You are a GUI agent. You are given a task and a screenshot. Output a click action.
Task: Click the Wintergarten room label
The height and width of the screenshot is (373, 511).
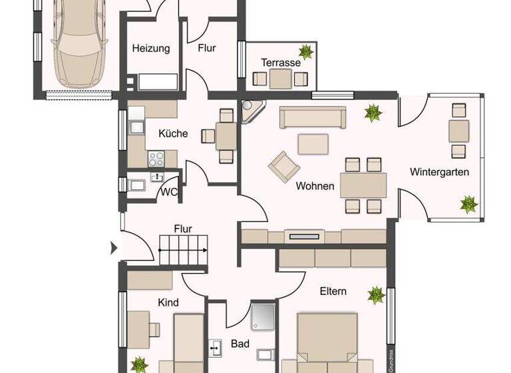(x=439, y=172)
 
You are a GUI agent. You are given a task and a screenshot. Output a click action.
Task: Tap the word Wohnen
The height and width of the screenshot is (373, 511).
(x=315, y=186)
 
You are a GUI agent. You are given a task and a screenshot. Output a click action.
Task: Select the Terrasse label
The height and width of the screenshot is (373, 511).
(x=280, y=63)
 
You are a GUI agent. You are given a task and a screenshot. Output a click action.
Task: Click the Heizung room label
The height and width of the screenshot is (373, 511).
(x=151, y=48)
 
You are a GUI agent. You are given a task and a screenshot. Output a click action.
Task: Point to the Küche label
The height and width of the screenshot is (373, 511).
(x=173, y=133)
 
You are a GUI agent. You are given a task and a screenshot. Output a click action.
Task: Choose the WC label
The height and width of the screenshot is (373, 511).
(x=168, y=192)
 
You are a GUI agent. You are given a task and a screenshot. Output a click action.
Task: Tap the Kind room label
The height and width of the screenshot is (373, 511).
(x=168, y=302)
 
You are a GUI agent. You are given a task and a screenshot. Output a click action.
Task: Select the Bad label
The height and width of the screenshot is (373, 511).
(x=240, y=344)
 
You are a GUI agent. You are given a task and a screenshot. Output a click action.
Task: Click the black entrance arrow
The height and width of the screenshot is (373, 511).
(x=113, y=248)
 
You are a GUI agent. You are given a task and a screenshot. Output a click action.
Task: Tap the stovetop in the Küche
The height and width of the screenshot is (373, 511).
(x=156, y=159)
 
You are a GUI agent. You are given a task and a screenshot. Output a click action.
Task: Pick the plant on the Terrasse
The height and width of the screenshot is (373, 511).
(x=307, y=53)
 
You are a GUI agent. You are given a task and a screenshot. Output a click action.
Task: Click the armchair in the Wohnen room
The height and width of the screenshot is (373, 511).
(x=282, y=165)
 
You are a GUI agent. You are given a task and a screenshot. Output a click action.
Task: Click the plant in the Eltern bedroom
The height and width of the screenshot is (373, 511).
(x=377, y=294)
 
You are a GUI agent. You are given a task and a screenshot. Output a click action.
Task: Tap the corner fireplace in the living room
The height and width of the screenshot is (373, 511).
(x=252, y=111)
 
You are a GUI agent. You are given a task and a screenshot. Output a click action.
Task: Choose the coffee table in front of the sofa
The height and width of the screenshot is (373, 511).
(x=313, y=143)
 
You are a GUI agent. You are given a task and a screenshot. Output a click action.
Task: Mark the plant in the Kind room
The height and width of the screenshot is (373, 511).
(x=140, y=365)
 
